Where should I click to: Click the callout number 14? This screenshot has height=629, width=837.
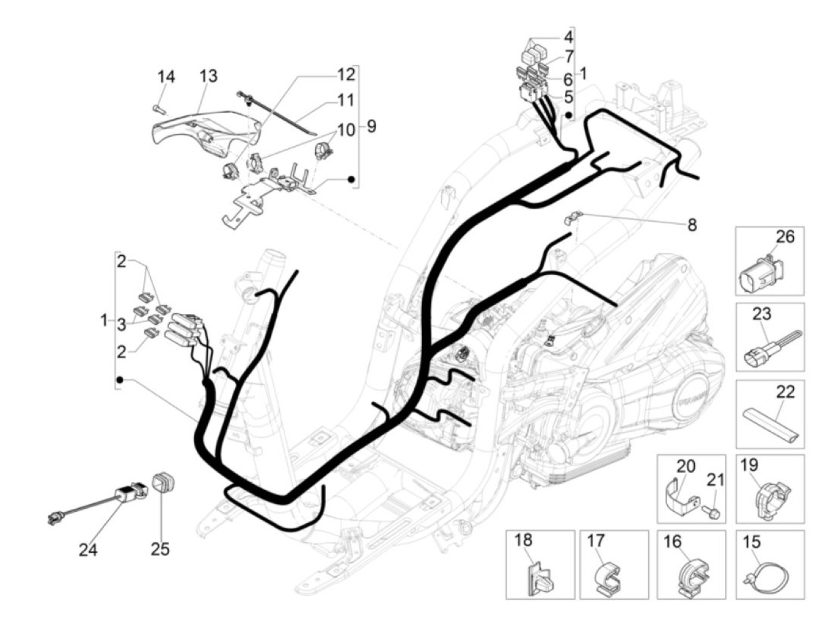click(166, 77)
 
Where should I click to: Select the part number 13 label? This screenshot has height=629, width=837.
click(208, 77)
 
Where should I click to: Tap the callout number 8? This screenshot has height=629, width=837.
click(692, 225)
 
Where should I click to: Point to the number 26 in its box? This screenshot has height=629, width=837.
click(785, 237)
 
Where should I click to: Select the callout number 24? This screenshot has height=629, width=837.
click(88, 549)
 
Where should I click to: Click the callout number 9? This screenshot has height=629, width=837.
click(371, 127)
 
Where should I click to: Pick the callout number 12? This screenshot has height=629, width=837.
click(346, 74)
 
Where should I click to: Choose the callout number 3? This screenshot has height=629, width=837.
click(121, 325)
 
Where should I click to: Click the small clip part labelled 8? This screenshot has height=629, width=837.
click(573, 218)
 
